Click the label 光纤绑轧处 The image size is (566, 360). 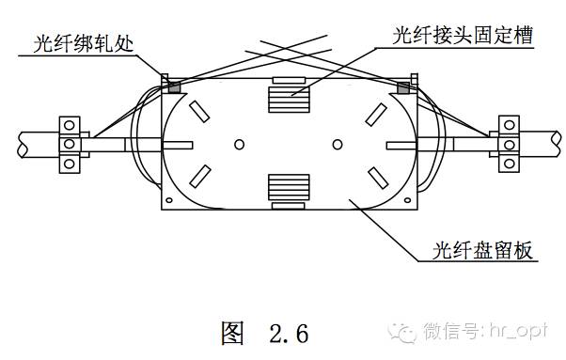point(84,44)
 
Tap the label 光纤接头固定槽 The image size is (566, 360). point(463,36)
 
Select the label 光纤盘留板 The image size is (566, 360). point(482,250)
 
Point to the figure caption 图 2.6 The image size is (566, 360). point(265,333)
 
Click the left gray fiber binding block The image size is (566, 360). point(174,87)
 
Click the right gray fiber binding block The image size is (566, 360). point(403,87)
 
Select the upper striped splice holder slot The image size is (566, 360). point(289,100)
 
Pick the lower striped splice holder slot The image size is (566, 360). point(289,188)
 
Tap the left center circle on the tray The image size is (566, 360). point(239,145)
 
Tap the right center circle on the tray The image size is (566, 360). point(338,145)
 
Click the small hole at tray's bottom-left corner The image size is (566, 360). point(168,200)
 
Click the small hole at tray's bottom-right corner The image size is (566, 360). point(407,200)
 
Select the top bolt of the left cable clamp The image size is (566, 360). point(70,126)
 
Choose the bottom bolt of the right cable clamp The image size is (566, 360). point(509,164)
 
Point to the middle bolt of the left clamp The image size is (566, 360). point(70,144)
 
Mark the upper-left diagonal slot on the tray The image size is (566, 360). point(199,112)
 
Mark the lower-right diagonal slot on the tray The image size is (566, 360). point(378,178)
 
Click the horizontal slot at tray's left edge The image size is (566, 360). point(178,145)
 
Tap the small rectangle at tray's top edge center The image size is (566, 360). point(289,80)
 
